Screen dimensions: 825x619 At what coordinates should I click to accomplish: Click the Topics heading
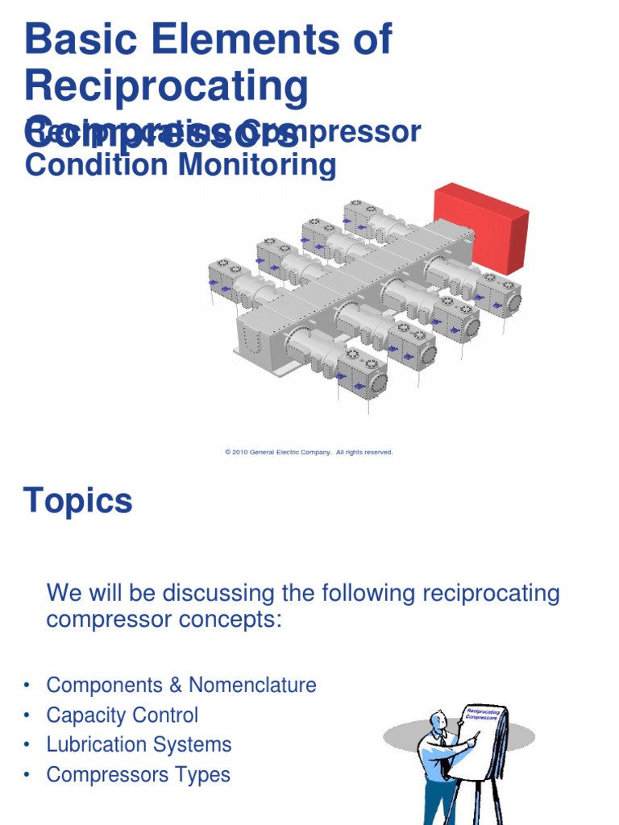pyautogui.click(x=78, y=501)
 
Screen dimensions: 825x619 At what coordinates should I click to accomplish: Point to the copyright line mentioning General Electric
pyautogui.click(x=309, y=453)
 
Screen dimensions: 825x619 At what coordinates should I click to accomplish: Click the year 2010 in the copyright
pyautogui.click(x=239, y=453)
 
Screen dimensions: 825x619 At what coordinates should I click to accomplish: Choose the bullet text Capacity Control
pyautogui.click(x=122, y=715)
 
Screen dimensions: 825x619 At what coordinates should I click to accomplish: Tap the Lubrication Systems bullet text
pyautogui.click(x=139, y=744)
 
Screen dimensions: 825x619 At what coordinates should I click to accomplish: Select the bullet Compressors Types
pyautogui.click(x=138, y=774)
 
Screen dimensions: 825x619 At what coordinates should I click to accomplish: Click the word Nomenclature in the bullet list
pyautogui.click(x=252, y=685)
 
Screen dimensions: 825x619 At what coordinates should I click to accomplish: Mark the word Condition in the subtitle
pyautogui.click(x=83, y=165)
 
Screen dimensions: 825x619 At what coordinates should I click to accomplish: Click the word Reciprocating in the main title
pyautogui.click(x=167, y=85)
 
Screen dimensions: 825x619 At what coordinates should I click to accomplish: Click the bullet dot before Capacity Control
pyautogui.click(x=28, y=715)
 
